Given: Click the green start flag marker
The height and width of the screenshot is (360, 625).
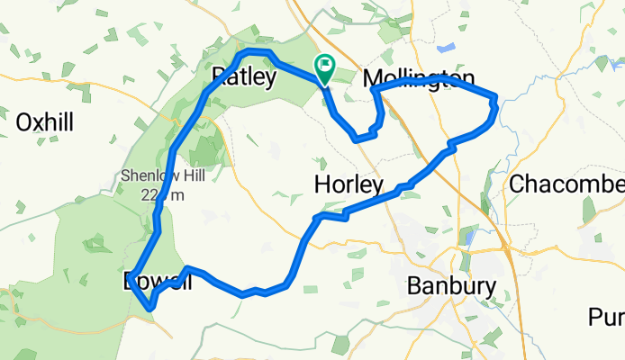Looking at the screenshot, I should [323, 66].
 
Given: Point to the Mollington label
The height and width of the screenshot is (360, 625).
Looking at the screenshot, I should [419, 79].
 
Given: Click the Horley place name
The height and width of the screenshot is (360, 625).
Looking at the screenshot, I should [349, 185].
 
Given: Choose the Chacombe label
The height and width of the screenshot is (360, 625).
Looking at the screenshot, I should [566, 184].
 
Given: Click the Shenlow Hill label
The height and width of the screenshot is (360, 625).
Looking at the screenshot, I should [153, 176].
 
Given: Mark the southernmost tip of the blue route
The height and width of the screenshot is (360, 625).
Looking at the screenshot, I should [150, 309].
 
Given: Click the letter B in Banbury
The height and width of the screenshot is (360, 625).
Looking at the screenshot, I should [415, 287].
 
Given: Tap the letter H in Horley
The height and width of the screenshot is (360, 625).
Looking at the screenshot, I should [322, 185].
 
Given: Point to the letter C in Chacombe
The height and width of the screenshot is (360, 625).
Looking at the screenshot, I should [517, 184].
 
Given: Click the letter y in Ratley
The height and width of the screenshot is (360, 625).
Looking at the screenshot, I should [269, 80].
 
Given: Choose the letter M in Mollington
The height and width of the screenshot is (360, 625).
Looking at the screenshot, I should [372, 79].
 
